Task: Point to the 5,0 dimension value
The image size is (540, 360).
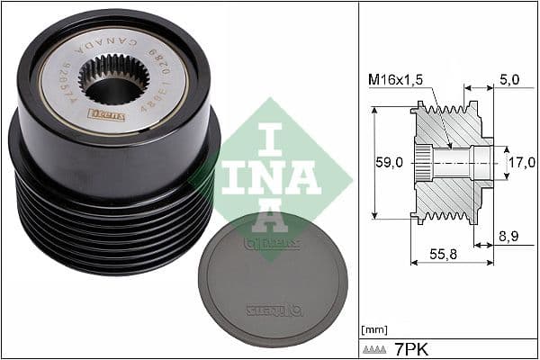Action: click(508, 80)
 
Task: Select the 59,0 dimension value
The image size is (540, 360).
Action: click(389, 163)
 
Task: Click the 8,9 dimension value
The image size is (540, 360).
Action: click(508, 237)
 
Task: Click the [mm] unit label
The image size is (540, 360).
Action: click(373, 329)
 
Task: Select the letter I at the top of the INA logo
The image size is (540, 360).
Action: click(270, 139)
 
